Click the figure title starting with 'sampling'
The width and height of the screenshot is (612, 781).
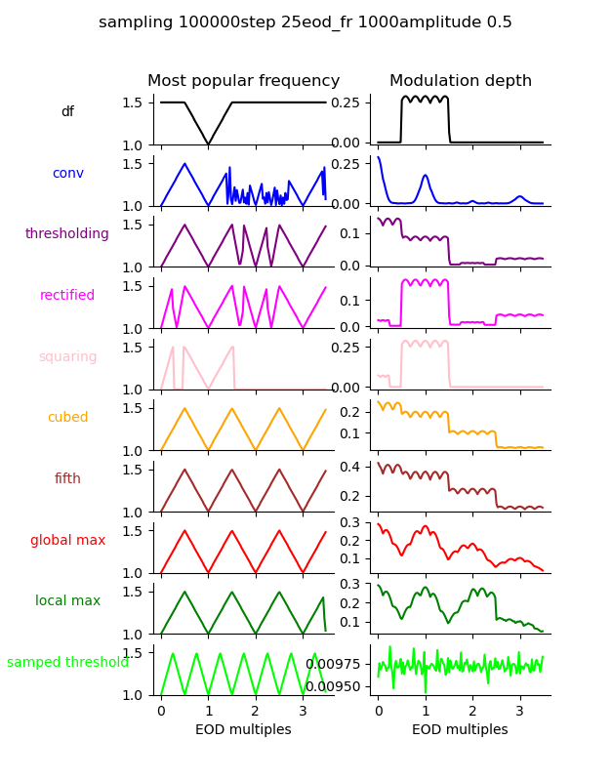306,22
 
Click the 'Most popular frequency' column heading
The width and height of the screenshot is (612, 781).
244,81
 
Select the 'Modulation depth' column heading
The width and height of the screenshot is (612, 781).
461,81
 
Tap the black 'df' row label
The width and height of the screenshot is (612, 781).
67,112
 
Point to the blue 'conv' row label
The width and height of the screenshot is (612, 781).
67,174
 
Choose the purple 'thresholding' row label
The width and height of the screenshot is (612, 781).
67,234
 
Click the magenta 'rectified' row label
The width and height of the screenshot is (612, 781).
67,296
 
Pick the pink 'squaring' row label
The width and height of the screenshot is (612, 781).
67,357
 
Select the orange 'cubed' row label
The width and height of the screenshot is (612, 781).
67,418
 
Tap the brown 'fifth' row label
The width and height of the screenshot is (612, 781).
67,479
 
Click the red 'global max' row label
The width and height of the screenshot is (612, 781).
67,541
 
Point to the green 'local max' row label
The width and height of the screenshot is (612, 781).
67,601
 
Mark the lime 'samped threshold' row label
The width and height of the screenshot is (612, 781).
67,663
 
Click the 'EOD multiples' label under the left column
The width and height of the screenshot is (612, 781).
244,730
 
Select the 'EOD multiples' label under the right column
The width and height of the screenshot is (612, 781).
460,730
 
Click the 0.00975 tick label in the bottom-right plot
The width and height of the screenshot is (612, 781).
334,664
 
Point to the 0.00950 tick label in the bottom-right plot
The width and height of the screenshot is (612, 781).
334,686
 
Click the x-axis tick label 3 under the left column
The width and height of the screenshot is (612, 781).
303,711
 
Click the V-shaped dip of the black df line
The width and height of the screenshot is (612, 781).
208,144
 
